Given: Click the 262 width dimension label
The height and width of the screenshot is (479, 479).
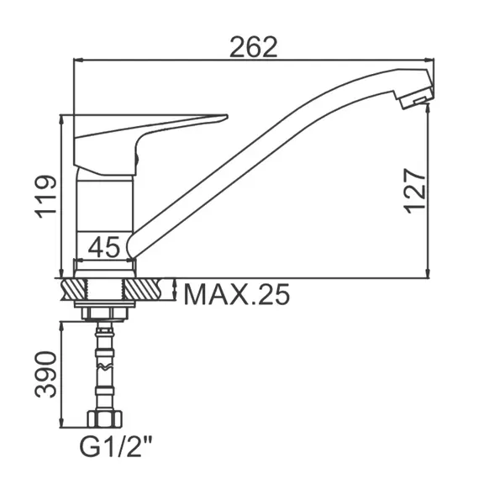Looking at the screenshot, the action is [253, 47].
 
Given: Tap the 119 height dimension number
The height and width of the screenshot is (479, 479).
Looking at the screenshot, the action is [46, 197].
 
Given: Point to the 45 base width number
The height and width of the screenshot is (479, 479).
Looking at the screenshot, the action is [104, 247].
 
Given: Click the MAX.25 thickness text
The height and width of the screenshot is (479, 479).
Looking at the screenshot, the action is [236, 294].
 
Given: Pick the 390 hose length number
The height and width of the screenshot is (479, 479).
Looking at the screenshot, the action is [46, 375].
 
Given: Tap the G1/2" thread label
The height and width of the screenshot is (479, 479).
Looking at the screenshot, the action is [116, 446].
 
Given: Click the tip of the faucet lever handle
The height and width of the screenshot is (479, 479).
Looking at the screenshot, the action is [226, 117].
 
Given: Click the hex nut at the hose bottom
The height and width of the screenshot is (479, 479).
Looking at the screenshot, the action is [105, 418].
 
